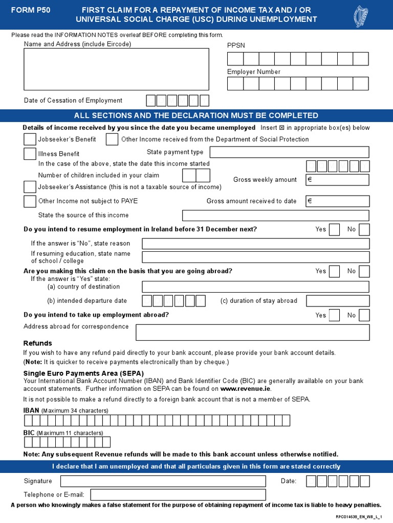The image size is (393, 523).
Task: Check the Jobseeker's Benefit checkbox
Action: pos(30,139)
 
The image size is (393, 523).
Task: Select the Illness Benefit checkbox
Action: pos(30,154)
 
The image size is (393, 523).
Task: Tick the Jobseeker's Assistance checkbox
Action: pos(30,187)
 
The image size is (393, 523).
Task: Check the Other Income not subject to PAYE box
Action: pos(30,201)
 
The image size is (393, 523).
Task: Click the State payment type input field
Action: pos(289,152)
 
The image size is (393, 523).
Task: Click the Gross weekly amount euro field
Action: pos(337,180)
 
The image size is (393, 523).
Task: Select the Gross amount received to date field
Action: pos(337,201)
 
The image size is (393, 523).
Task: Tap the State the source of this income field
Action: pos(275,216)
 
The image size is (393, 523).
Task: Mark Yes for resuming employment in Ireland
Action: pos(334,229)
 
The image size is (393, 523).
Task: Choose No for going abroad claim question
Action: pos(364,271)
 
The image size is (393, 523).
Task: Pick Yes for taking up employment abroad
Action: pos(334,315)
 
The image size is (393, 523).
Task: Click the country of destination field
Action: pos(255,287)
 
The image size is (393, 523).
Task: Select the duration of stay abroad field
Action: pos(338,301)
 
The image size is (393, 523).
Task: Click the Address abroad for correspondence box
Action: pos(252,332)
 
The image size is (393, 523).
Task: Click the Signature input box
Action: pos(163,481)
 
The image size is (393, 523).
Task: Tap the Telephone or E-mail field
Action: pos(178,494)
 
